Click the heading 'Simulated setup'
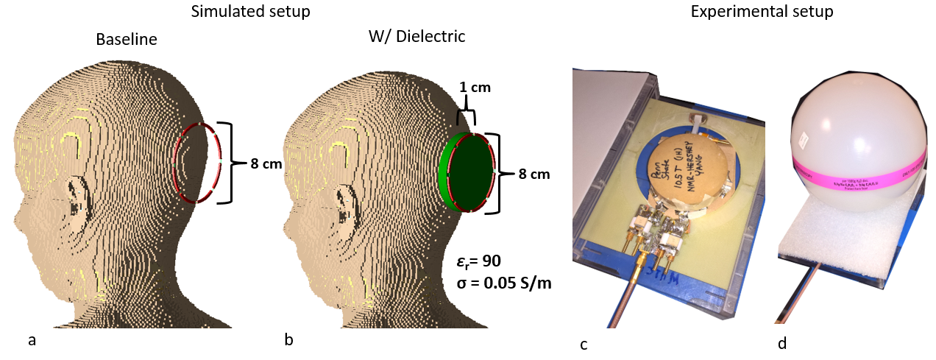click(x=250, y=13)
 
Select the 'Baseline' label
click(x=126, y=40)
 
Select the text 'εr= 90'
click(x=479, y=260)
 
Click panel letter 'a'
click(x=31, y=340)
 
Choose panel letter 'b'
click(x=288, y=340)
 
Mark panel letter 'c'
click(x=584, y=343)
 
